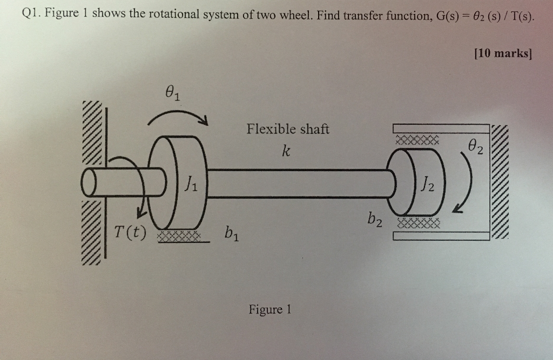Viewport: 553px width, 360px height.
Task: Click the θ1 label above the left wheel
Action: coord(172,95)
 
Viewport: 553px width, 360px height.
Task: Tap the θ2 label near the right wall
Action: coord(476,145)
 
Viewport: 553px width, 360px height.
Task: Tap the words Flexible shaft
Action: coord(287,129)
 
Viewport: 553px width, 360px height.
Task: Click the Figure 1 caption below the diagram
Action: coord(269,310)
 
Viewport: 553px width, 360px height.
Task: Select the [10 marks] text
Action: coord(502,53)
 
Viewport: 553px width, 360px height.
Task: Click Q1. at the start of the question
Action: coord(31,15)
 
